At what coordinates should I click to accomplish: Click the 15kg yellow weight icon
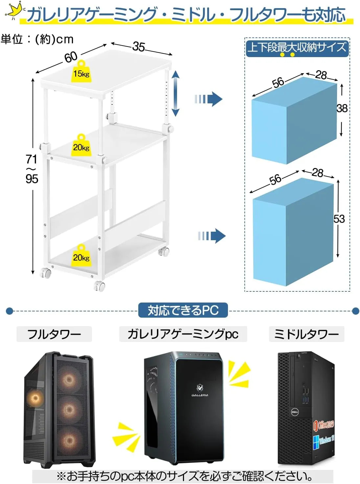pos(81,71)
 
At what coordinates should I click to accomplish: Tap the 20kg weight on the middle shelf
pos(81,145)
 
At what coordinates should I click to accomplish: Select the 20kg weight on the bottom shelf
pos(81,255)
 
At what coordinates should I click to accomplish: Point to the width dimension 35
pos(139,47)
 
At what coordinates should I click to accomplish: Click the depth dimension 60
pos(71,57)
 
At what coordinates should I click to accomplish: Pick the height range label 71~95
pos(32,169)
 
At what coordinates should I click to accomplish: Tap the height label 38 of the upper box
pos(342,108)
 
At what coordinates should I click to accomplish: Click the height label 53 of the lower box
pos(339,219)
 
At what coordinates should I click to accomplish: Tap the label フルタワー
pos(54,334)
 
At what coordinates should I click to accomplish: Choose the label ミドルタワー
pos(306,334)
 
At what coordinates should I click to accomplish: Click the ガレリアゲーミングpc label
pos(183,334)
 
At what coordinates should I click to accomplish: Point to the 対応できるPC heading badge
pos(183,310)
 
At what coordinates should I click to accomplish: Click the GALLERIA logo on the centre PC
pos(200,390)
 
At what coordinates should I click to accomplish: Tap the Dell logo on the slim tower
pos(295,412)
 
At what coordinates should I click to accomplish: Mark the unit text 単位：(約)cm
pos(37,39)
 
